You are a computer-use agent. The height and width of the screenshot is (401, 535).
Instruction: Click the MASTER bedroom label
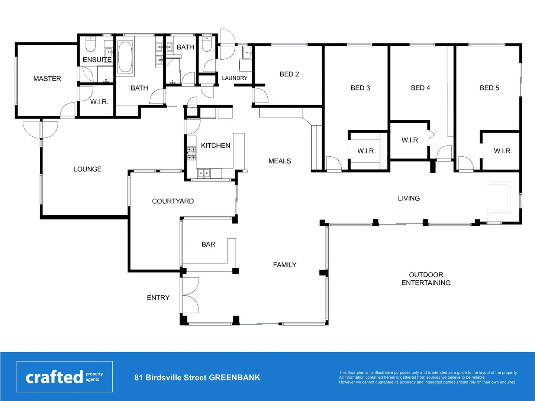pos(47,79)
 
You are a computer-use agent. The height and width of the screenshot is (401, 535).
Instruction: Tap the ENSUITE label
pos(97,60)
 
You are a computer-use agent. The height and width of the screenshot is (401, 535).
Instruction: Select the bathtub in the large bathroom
pos(125,57)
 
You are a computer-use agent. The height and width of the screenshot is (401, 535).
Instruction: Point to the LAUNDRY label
pos(235,78)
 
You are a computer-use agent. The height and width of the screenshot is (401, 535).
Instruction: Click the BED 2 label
pos(289,74)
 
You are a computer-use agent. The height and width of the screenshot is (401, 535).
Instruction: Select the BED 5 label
pos(489,88)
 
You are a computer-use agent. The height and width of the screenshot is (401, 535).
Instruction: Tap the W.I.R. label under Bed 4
pos(410,140)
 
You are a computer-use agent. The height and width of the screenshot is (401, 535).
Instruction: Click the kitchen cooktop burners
pos(191,154)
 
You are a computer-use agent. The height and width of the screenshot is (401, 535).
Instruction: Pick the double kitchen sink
pos(203,173)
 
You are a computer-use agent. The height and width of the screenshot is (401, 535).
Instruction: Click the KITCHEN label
pos(215,146)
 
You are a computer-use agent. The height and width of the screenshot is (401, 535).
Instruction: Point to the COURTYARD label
pos(173,201)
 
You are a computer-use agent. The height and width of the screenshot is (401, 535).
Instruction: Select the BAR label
pos(208,244)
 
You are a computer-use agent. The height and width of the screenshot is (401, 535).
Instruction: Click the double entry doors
pos(190,295)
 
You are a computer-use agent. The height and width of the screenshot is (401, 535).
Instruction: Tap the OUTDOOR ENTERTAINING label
pos(426,279)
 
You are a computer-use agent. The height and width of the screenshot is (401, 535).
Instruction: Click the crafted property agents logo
pos(64,376)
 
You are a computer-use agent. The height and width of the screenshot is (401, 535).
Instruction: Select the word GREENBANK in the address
pos(234,378)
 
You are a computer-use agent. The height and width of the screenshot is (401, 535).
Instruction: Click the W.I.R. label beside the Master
pos(99,102)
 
